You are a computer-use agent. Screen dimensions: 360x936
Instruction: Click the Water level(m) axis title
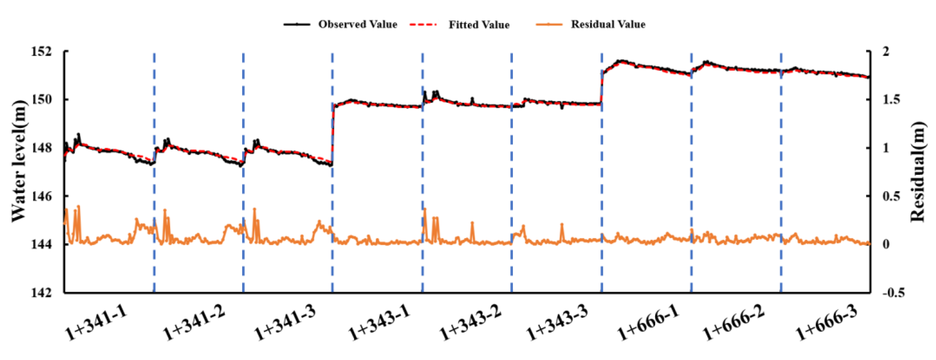click(19, 161)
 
